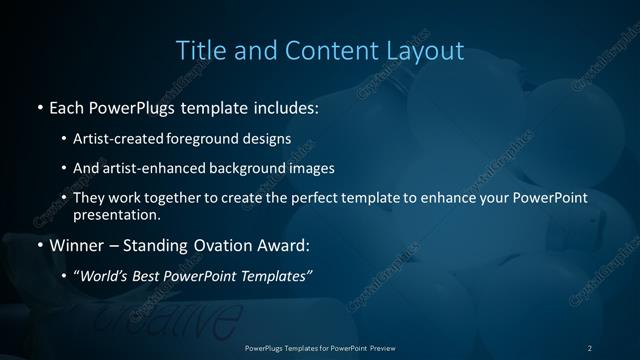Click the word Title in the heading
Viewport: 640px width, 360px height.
pyautogui.click(x=200, y=50)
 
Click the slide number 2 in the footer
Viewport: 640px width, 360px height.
pyautogui.click(x=590, y=347)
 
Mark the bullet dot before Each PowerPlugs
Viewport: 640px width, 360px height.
pyautogui.click(x=39, y=105)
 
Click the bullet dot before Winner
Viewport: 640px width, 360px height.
pyautogui.click(x=39, y=245)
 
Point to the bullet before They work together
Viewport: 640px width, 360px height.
pyautogui.click(x=65, y=198)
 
